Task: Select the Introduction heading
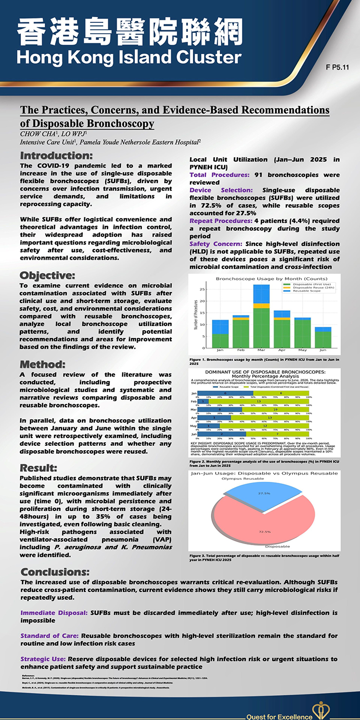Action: pos(56,156)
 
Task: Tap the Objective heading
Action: pos(47,275)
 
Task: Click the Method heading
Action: pos(42,364)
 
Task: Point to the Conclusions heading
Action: pos(55,571)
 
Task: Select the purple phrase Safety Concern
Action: pos(216,244)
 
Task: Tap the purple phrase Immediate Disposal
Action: pos(54,612)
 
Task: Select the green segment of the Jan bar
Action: pos(220,341)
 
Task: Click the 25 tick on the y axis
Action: pos(202,289)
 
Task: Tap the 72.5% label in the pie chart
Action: pos(265,531)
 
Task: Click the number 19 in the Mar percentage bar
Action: pos(275,410)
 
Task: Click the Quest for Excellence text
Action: pos(279,717)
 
